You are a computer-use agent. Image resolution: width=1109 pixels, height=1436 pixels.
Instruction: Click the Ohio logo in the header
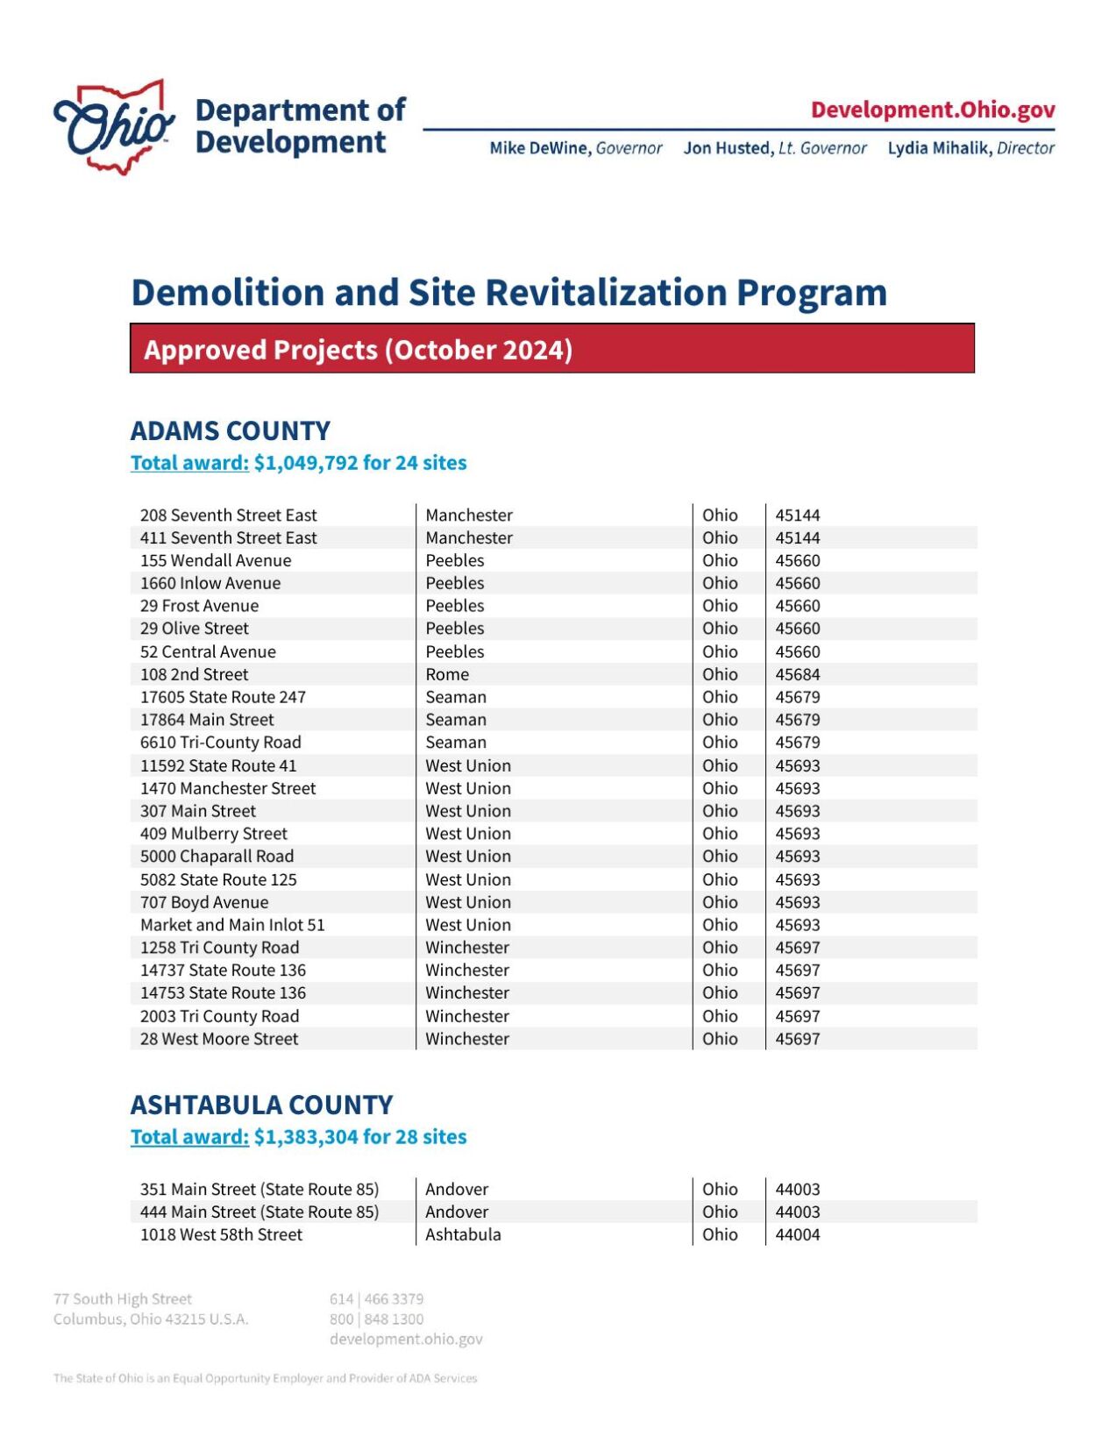tap(114, 127)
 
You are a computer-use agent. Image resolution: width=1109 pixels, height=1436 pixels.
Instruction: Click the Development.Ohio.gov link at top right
tap(932, 110)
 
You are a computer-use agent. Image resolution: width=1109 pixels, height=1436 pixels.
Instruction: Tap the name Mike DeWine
tap(539, 148)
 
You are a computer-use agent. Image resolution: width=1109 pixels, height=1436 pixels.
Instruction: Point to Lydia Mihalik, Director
tap(970, 148)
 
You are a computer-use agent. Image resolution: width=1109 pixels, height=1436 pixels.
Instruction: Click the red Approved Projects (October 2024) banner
tap(551, 349)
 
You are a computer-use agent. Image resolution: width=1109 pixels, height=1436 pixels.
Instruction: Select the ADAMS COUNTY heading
tap(230, 430)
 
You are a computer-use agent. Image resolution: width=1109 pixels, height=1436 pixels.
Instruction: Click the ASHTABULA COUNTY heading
tap(261, 1105)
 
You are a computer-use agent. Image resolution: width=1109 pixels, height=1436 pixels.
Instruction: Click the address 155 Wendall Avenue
tap(215, 560)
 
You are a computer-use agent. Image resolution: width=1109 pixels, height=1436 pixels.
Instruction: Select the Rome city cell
tap(447, 674)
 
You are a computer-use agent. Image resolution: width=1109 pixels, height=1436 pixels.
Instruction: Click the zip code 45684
tap(797, 674)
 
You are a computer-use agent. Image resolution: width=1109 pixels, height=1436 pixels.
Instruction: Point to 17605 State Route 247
tap(223, 697)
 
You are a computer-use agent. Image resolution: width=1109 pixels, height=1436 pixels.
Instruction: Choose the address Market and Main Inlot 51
tap(232, 925)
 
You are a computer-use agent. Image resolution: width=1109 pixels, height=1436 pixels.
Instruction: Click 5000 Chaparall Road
tap(217, 857)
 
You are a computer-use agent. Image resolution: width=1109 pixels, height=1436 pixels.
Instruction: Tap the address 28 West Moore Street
tap(219, 1039)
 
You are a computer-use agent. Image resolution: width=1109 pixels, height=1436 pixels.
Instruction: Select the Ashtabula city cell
tap(463, 1234)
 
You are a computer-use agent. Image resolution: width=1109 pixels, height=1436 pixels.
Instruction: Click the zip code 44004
tap(797, 1234)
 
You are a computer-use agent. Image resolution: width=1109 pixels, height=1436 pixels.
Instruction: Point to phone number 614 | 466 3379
tap(376, 1298)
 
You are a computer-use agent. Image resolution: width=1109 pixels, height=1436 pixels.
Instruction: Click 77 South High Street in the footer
tap(122, 1298)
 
